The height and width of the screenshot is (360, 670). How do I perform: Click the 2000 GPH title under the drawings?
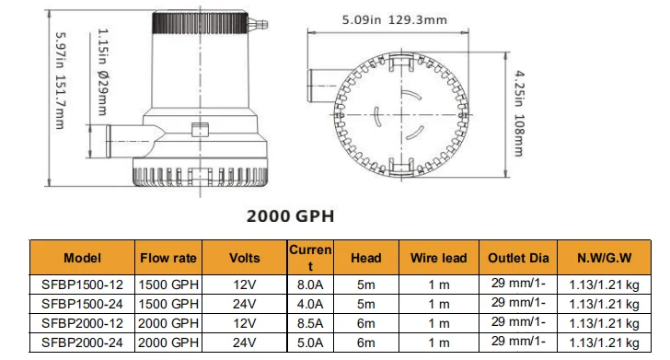tap(290, 216)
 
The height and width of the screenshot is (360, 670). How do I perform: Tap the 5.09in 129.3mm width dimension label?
tap(395, 20)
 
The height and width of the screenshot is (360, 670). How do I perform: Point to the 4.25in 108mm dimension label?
tap(519, 113)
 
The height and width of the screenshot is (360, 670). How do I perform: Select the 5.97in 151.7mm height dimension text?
tap(60, 81)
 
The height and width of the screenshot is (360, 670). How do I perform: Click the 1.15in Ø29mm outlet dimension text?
tap(102, 72)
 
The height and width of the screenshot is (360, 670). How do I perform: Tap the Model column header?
tap(83, 258)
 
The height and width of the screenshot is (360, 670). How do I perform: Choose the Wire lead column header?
tap(438, 258)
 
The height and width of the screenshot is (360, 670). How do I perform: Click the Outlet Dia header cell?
tap(518, 258)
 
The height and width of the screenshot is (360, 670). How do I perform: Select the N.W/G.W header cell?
tap(604, 258)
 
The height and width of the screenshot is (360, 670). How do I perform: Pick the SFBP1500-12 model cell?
tap(82, 285)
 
